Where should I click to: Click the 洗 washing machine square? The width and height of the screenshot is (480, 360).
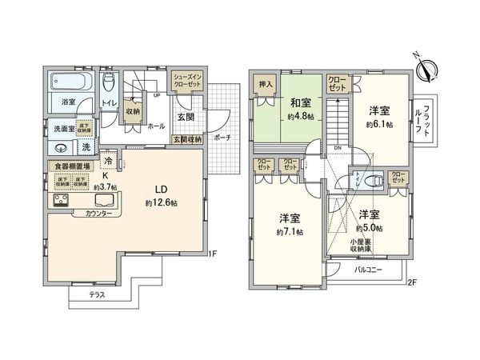(x=86, y=147)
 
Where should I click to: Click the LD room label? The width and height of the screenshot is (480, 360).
(x=160, y=190)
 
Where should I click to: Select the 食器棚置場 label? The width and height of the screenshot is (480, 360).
(x=71, y=166)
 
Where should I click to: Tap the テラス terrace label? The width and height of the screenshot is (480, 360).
(x=97, y=294)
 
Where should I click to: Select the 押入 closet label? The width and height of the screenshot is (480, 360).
(x=266, y=84)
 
